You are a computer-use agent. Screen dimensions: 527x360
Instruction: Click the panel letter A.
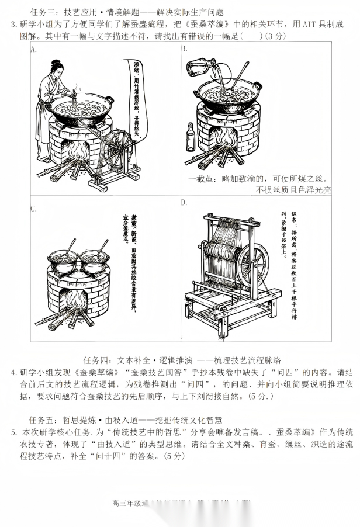coord(34,49)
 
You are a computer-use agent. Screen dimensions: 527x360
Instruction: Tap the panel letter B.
coord(184,48)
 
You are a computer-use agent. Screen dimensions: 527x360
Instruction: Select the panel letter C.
coord(34,209)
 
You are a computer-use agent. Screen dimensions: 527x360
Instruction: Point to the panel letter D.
coord(184,203)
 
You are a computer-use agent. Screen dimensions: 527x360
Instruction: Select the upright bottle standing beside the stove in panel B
coord(190,138)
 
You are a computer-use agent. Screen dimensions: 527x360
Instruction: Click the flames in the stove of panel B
coord(224,141)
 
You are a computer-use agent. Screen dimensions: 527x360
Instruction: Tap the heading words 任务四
coord(97,359)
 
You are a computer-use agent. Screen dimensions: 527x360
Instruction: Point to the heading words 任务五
coord(41,420)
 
